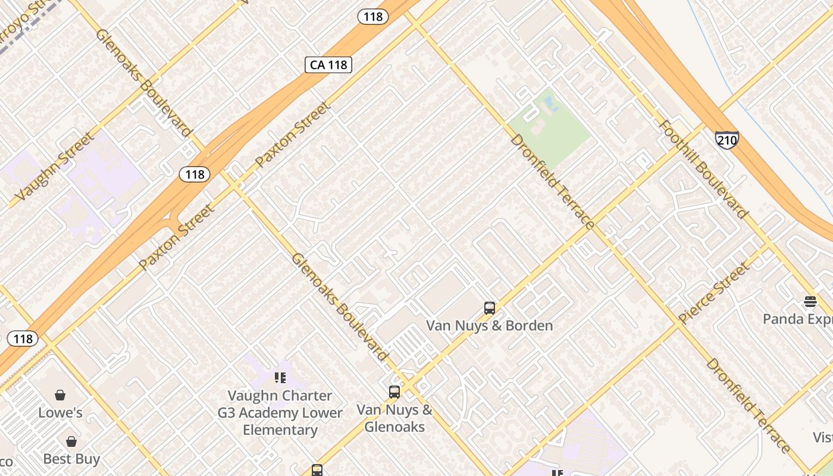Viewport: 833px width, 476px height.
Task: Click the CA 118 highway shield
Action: pos(328,64)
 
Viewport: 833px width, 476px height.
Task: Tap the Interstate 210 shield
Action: pos(726,140)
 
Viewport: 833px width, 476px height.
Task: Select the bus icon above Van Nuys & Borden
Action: pos(490,308)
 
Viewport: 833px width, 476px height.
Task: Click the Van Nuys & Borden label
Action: pos(490,325)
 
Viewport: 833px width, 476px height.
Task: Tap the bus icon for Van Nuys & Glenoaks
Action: pos(394,392)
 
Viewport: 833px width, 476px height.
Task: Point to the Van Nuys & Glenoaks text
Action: pos(394,418)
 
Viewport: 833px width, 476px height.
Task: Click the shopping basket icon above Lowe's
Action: pos(60,395)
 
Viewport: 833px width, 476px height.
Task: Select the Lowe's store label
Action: pos(60,412)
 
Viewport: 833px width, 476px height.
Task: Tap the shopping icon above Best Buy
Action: pos(71,441)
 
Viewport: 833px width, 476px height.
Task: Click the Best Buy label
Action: pos(71,459)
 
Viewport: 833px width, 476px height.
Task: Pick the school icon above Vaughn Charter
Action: pos(280,378)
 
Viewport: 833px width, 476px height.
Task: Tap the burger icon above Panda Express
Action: pos(810,302)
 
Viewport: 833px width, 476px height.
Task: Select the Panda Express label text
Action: pos(797,319)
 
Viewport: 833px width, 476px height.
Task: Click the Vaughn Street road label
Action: pos(55,167)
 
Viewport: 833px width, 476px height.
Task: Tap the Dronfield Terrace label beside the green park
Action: pos(552,182)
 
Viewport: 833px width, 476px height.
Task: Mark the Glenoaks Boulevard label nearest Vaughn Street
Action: pos(143,82)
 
